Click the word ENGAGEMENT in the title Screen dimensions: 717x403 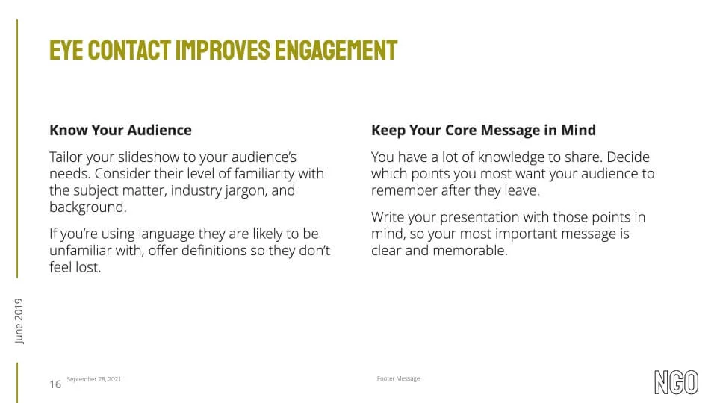point(336,50)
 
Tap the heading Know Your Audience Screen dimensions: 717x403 point(121,130)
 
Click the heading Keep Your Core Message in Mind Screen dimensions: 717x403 point(483,130)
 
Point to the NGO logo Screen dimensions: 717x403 point(677,382)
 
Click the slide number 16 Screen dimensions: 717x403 point(55,384)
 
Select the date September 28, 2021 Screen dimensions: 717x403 point(94,379)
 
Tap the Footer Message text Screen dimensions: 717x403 point(398,378)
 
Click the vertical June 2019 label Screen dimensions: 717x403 point(19,321)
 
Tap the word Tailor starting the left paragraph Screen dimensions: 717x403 point(66,157)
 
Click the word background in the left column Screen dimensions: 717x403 point(88,207)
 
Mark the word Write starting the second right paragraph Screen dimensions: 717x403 point(388,217)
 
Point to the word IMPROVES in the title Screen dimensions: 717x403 point(223,50)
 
